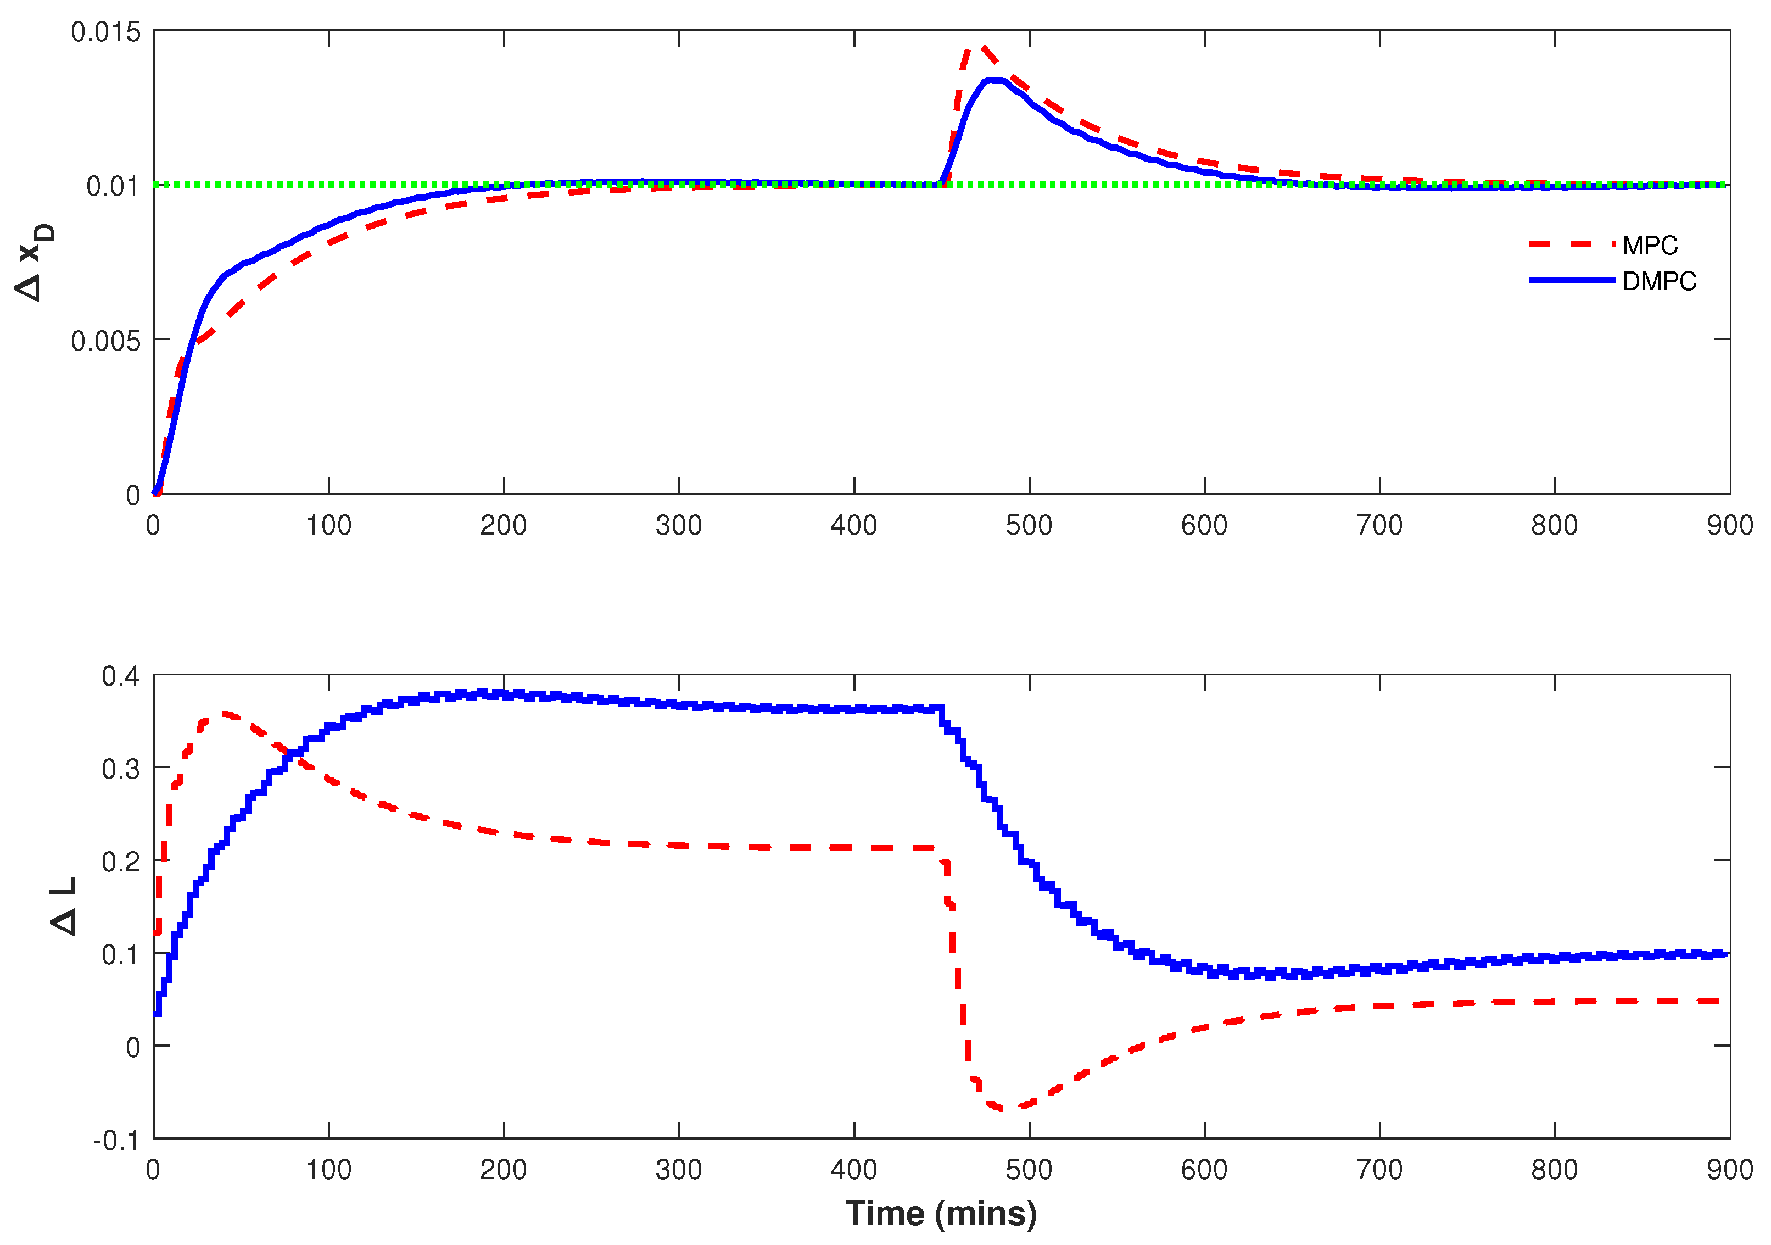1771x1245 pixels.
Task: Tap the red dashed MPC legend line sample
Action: (x=1571, y=244)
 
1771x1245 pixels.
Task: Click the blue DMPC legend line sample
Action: (x=1571, y=280)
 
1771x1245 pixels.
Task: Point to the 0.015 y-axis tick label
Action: (x=107, y=32)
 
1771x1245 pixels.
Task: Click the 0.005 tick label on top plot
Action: (x=107, y=341)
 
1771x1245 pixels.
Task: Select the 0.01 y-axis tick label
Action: (x=113, y=186)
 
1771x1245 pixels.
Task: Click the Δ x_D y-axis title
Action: (x=35, y=263)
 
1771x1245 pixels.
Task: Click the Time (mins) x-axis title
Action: (x=941, y=1213)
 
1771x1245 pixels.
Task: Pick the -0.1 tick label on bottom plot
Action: (x=116, y=1141)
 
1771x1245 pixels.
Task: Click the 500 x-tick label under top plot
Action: (x=1029, y=526)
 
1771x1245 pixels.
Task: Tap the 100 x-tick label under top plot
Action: (x=328, y=526)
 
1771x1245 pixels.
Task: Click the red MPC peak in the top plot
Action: (x=984, y=47)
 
